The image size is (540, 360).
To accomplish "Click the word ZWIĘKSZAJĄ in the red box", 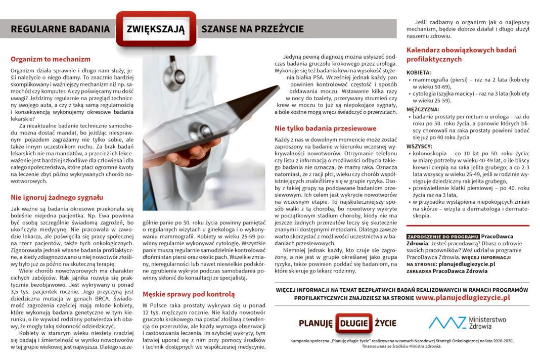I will tap(156, 29).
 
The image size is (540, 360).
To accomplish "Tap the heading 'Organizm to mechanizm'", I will tap(51, 59).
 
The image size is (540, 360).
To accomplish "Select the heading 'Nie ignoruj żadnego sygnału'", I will tap(57, 197).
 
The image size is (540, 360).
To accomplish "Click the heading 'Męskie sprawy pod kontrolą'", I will tap(189, 294).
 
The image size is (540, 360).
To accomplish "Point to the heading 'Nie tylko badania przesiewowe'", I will tap(326, 128).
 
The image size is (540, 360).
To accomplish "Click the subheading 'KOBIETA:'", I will tap(419, 73).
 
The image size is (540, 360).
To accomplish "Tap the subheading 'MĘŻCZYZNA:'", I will tap(423, 109).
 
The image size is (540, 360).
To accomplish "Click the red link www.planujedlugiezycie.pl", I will tap(463, 298).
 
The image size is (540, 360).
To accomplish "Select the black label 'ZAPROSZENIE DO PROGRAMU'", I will tap(443, 237).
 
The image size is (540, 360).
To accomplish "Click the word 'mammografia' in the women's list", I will tap(431, 80).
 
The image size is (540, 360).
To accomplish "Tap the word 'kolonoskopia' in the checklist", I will tap(431, 153).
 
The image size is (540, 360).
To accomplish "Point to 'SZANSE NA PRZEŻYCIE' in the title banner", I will tap(252, 29).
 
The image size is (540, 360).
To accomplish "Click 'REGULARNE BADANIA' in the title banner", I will tap(60, 29).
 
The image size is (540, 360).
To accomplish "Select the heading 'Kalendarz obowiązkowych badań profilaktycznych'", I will tap(461, 55).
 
